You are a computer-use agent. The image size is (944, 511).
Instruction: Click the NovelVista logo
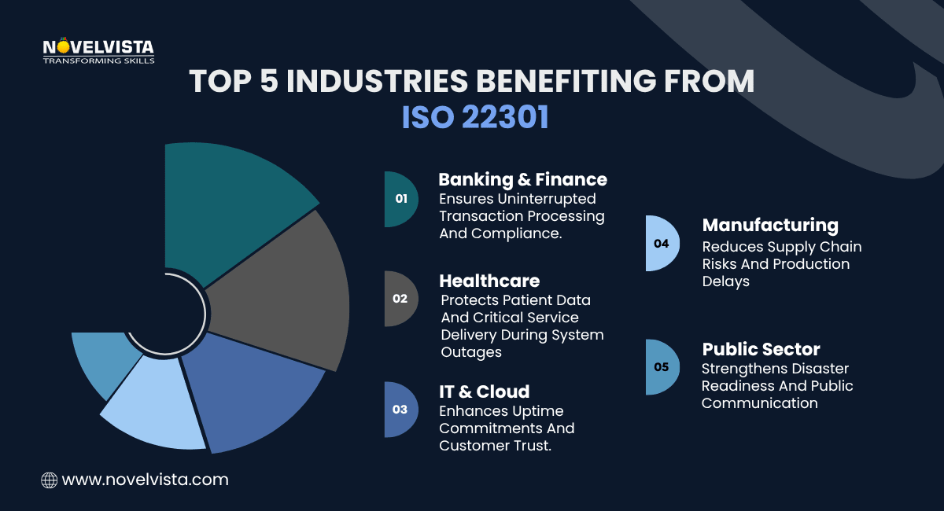pyautogui.click(x=98, y=50)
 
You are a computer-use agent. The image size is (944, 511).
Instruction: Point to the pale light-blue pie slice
pyautogui.click(x=157, y=409)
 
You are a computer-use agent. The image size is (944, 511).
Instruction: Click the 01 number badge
pyautogui.click(x=400, y=199)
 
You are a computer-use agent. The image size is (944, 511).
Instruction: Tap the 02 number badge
pyautogui.click(x=400, y=299)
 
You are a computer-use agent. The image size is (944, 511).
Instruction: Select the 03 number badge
pyautogui.click(x=400, y=410)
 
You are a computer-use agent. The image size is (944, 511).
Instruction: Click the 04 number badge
pyautogui.click(x=659, y=244)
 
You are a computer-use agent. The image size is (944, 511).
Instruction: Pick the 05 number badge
pyautogui.click(x=659, y=367)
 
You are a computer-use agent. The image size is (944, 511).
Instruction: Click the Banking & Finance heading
pyautogui.click(x=522, y=179)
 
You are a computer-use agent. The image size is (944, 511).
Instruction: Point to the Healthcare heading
pyautogui.click(x=489, y=281)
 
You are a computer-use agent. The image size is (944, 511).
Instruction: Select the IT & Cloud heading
pyautogui.click(x=484, y=392)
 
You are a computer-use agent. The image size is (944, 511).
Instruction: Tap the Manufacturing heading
pyautogui.click(x=770, y=226)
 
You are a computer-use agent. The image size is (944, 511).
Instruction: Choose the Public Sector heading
pyautogui.click(x=761, y=349)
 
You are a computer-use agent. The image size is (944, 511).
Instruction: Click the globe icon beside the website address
pyautogui.click(x=49, y=480)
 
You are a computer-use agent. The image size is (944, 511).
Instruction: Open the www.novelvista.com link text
pyautogui.click(x=145, y=480)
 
